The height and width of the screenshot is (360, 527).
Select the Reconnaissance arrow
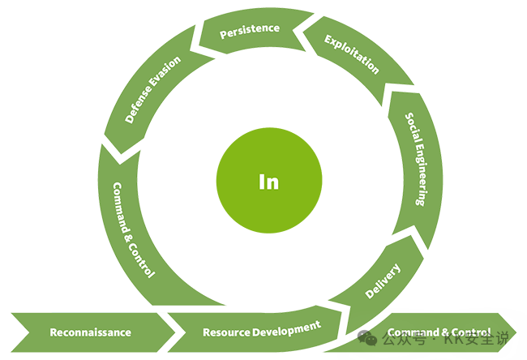[90, 332]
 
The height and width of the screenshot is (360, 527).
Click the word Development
[285, 328]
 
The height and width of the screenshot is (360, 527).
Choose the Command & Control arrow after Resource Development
[439, 332]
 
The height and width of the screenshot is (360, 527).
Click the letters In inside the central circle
[268, 182]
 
